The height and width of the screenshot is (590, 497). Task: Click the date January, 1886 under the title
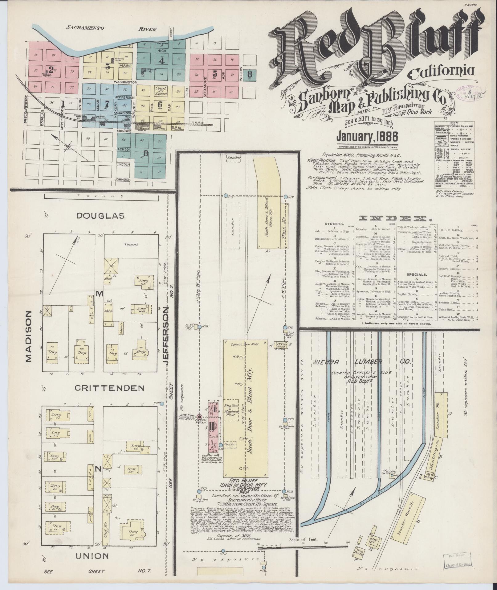pyautogui.click(x=367, y=136)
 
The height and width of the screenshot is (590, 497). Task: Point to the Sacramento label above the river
pyautogui.click(x=85, y=28)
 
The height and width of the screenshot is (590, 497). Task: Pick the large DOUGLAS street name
pyautogui.click(x=100, y=216)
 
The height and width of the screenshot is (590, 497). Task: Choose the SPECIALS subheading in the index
pyautogui.click(x=417, y=274)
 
